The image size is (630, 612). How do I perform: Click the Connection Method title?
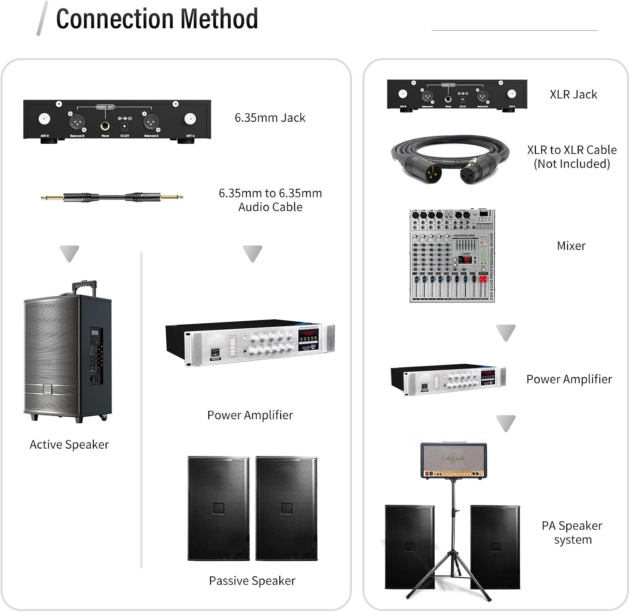click(x=157, y=19)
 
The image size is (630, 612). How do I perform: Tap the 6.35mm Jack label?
click(x=270, y=118)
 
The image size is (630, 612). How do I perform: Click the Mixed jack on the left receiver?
click(x=105, y=126)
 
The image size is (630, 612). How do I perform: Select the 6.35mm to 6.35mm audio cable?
click(x=112, y=197)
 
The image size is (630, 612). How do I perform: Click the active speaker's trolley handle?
click(x=84, y=287)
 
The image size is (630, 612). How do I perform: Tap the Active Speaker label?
click(x=69, y=444)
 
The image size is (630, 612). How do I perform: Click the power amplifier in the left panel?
click(x=250, y=344)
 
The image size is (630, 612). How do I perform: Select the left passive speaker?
click(x=218, y=508)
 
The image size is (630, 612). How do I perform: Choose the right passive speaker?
click(x=286, y=508)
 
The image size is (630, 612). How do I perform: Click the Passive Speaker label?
click(x=252, y=580)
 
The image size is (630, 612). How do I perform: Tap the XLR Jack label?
click(x=573, y=95)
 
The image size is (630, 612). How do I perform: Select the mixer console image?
click(x=452, y=255)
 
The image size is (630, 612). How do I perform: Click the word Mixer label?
click(x=571, y=246)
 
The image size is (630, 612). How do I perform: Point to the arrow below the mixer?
click(x=506, y=333)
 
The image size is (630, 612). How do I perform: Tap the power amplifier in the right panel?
click(x=448, y=379)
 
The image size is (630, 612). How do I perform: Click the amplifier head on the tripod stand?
click(x=454, y=460)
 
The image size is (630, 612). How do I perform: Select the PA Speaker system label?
click(x=572, y=532)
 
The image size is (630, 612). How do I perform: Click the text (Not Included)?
click(x=572, y=164)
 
